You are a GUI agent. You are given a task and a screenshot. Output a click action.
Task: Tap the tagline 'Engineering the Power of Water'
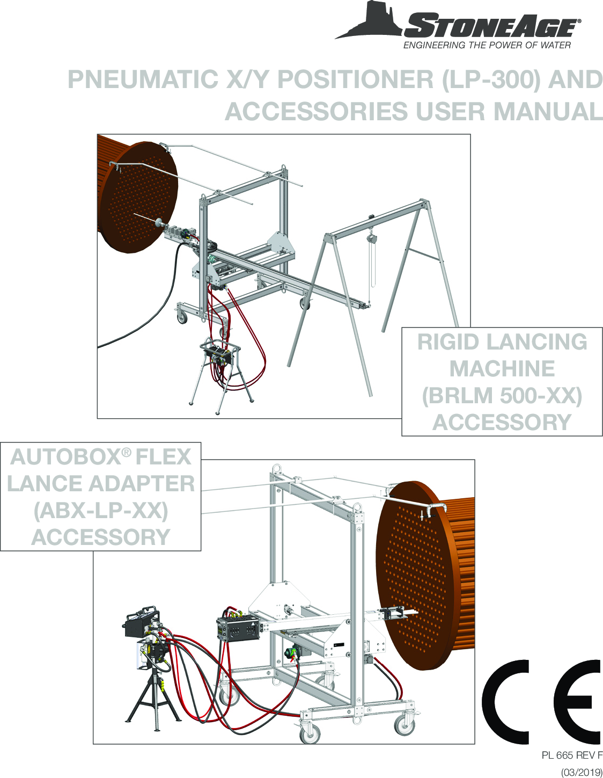point(487,46)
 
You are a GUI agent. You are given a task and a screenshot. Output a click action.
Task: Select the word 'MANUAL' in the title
point(548,112)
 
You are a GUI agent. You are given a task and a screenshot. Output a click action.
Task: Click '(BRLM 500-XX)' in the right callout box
point(502,396)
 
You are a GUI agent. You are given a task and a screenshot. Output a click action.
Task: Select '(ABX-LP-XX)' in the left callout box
point(101,511)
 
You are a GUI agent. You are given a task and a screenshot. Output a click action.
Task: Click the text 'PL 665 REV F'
point(571,755)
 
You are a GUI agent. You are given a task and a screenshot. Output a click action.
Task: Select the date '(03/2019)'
point(582,772)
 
